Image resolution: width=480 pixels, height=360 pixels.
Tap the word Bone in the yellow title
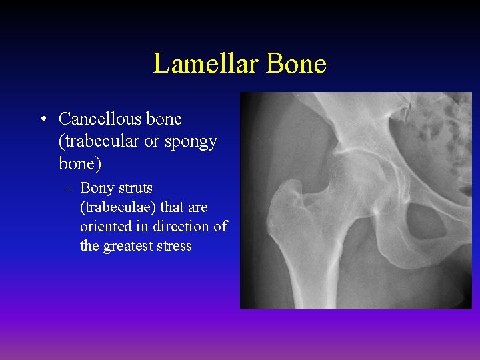(x=297, y=64)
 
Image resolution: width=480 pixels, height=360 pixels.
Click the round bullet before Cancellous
(x=43, y=120)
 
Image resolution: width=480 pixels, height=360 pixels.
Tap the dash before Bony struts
(x=69, y=189)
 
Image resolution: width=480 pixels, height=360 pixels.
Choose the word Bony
(x=97, y=189)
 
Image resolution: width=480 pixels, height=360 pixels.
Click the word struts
(x=135, y=189)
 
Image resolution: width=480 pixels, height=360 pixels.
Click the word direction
(x=169, y=227)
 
